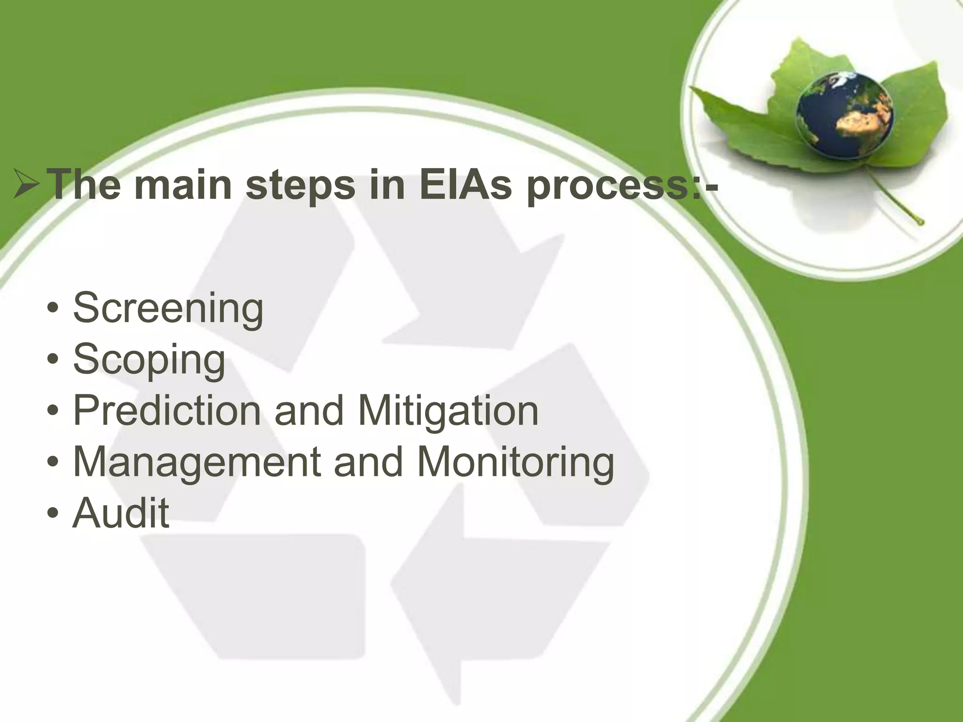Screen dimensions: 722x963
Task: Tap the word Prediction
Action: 167,410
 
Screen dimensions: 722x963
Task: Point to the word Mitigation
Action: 448,411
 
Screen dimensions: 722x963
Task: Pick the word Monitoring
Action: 515,463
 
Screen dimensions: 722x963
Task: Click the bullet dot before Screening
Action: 53,310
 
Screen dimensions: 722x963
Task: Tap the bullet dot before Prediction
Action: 53,411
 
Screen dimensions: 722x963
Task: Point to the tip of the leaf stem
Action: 920,222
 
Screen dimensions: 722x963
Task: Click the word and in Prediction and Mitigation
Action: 309,411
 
